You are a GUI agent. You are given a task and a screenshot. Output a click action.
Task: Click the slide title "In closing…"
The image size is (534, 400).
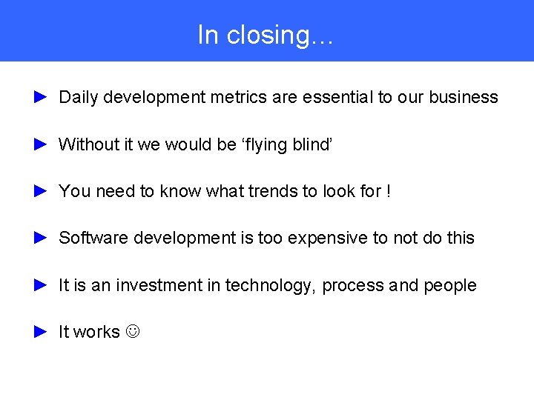click(266, 35)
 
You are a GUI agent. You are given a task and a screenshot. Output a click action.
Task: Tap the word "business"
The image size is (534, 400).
click(464, 97)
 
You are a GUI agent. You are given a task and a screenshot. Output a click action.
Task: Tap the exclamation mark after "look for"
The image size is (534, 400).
click(388, 191)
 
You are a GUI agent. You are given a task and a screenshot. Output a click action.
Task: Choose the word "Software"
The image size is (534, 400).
click(90, 238)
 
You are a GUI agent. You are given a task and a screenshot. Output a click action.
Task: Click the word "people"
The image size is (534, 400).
click(449, 286)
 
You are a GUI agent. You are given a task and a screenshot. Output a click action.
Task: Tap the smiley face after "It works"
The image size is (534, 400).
click(133, 333)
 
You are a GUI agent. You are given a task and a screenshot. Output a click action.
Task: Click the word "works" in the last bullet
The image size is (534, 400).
click(96, 333)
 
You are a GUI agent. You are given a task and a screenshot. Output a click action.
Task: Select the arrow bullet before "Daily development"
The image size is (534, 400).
click(41, 97)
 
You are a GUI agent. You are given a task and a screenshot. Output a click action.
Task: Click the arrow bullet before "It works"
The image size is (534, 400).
click(41, 332)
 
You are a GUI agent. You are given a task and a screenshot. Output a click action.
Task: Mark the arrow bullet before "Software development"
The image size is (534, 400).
click(41, 238)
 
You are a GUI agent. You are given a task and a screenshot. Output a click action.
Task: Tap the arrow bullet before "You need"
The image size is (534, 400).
click(41, 191)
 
